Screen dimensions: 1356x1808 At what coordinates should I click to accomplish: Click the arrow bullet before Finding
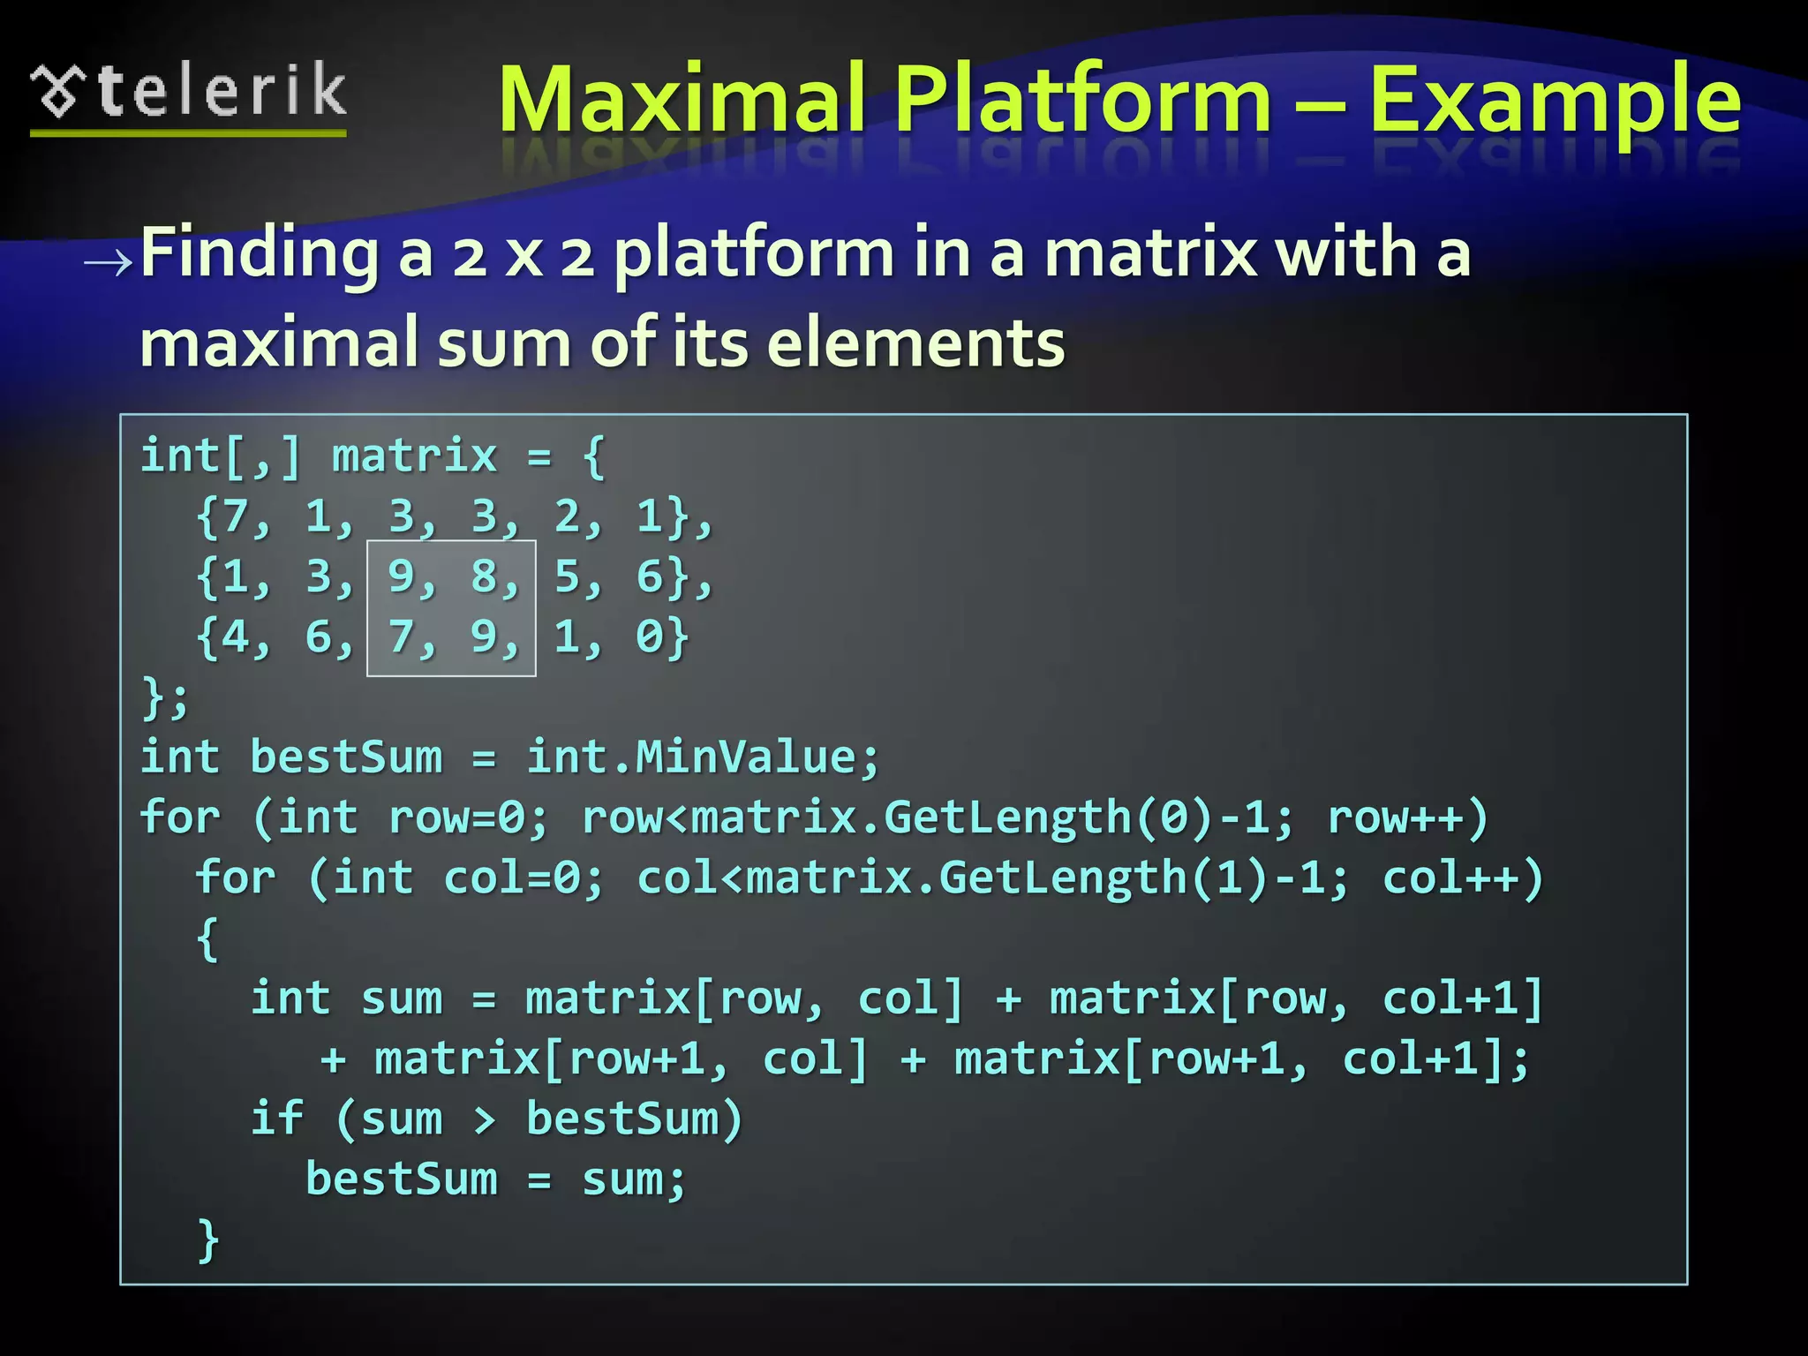[108, 261]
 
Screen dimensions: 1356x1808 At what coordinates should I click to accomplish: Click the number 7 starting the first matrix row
[234, 516]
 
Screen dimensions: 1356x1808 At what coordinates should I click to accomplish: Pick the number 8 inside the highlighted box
[484, 576]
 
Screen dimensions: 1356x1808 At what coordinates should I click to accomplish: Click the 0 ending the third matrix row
[649, 637]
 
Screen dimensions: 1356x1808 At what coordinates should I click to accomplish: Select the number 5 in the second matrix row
[567, 576]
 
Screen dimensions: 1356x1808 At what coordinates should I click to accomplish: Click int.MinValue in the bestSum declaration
[702, 757]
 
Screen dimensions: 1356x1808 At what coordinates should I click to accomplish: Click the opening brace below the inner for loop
[207, 938]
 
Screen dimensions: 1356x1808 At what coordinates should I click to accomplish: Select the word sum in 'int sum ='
[401, 998]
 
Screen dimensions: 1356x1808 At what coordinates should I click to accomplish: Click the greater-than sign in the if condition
[484, 1119]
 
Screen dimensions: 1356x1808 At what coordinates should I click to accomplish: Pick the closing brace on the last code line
[207, 1239]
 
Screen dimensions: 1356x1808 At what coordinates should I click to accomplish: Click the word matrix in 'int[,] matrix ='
[414, 456]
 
